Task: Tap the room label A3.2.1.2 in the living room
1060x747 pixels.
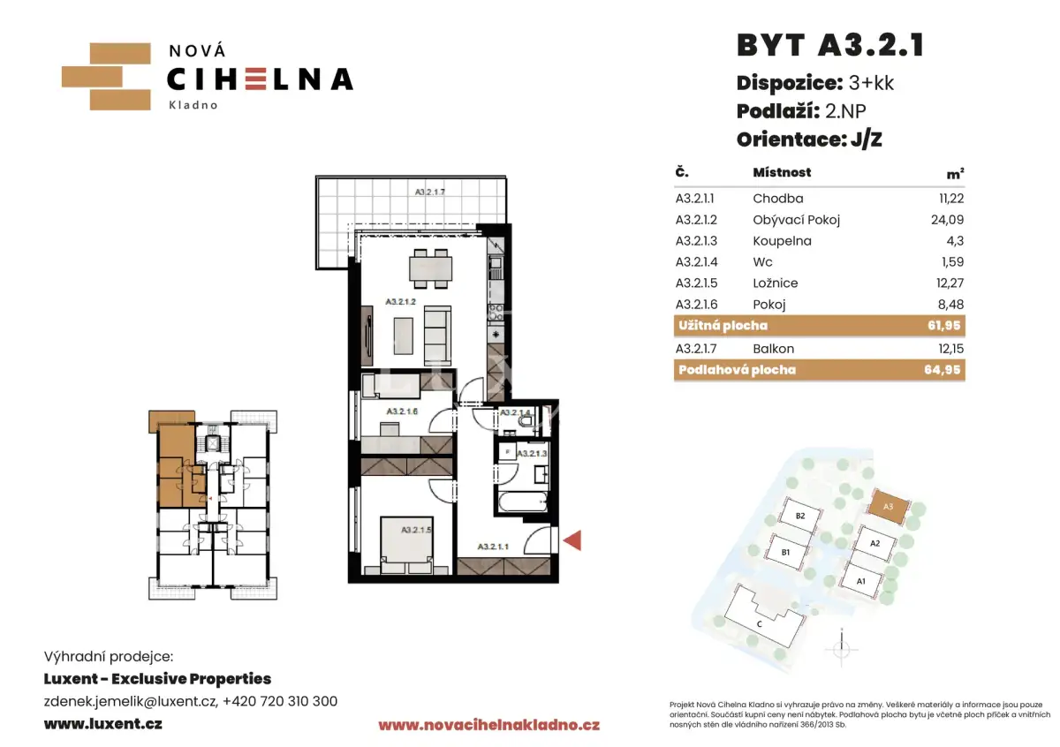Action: [400, 302]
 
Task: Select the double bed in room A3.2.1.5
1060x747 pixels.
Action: [406, 545]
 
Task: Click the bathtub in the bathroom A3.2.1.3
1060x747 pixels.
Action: [522, 502]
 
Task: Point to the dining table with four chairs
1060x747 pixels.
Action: [430, 268]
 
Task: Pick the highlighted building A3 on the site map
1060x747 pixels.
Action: [889, 506]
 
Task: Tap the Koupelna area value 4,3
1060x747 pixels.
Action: [955, 241]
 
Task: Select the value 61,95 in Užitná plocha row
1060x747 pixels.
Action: [944, 326]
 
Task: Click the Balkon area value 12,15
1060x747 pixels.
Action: [950, 349]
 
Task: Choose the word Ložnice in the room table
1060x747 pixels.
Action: [776, 283]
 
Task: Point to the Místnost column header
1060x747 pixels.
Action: [782, 172]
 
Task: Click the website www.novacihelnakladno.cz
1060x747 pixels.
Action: [488, 725]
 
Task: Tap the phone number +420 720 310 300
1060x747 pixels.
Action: [280, 701]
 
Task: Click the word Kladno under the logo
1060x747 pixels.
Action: [193, 105]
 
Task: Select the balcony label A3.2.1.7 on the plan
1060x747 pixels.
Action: [429, 192]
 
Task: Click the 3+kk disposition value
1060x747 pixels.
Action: [871, 83]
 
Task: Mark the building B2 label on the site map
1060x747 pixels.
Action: [800, 516]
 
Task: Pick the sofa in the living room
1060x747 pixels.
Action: [437, 329]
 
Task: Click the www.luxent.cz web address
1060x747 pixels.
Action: [103, 724]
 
